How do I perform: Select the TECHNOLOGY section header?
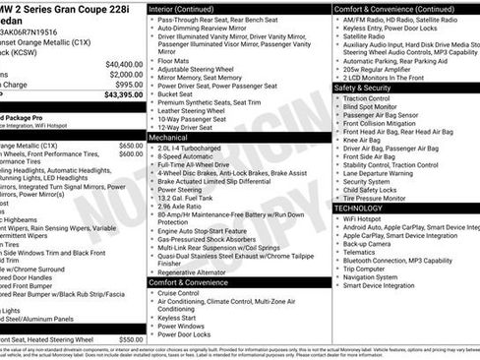pyautogui.click(x=365, y=209)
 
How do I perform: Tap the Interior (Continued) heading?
pyautogui.click(x=189, y=8)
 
